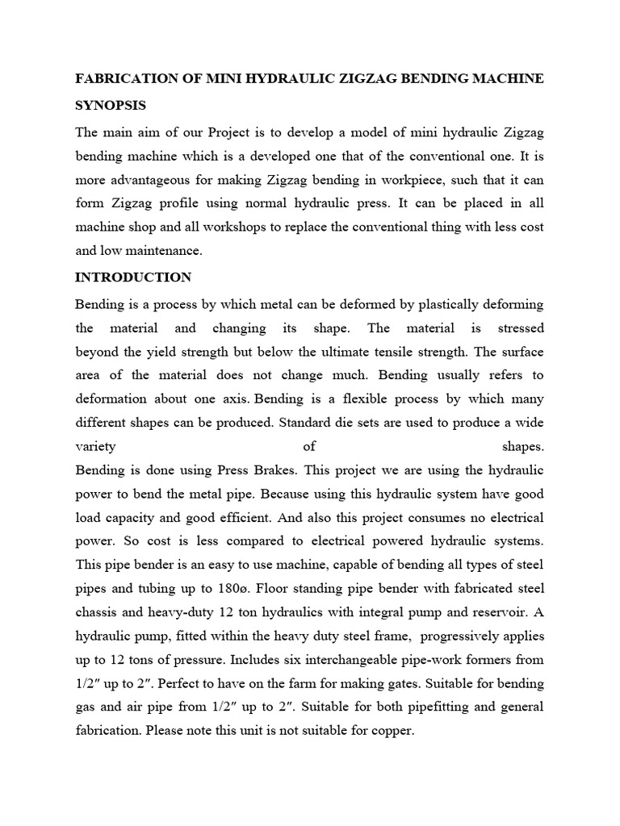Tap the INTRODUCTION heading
(x=133, y=277)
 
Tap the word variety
(x=95, y=446)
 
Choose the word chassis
(x=97, y=611)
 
